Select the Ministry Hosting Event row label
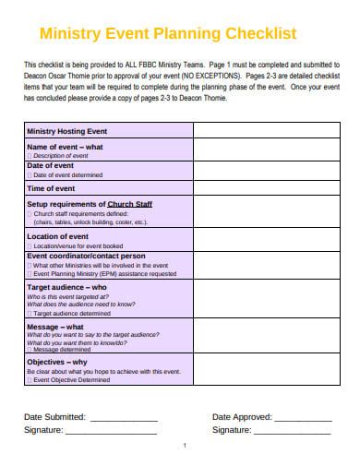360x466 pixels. pos(67,132)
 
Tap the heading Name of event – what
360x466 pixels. pos(65,147)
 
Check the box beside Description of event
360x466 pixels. pos(30,155)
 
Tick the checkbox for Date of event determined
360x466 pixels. pos(30,173)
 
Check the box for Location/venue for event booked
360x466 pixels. pos(30,245)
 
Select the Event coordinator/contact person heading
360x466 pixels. pos(86,255)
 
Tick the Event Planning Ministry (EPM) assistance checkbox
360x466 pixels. pos(30,274)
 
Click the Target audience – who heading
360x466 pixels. pos(66,288)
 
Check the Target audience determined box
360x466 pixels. pos(30,313)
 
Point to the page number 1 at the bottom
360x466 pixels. pos(185,446)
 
